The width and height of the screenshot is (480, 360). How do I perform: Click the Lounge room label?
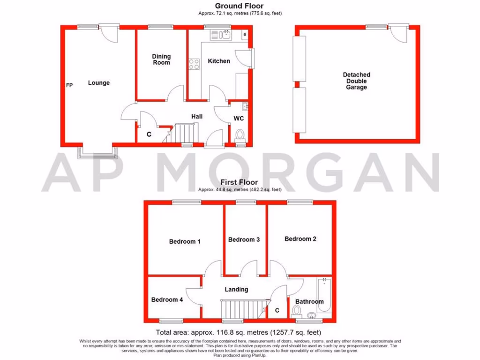pyautogui.click(x=98, y=83)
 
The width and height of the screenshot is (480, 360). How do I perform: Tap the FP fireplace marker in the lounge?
pyautogui.click(x=69, y=85)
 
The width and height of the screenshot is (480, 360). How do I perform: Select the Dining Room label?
pyautogui.click(x=161, y=60)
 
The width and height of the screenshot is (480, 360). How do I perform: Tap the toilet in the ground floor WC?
pyautogui.click(x=240, y=135)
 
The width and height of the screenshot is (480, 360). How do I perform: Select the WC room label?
pyautogui.click(x=239, y=119)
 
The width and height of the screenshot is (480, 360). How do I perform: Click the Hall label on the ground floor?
pyautogui.click(x=197, y=116)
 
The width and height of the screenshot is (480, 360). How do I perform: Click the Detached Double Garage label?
pyautogui.click(x=356, y=81)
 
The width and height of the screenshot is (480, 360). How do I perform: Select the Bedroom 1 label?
pyautogui.click(x=185, y=242)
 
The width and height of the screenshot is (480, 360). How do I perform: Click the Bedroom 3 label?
pyautogui.click(x=244, y=240)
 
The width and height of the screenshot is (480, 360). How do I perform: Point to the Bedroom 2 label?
pyautogui.click(x=300, y=239)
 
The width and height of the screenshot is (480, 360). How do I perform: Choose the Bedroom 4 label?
pyautogui.click(x=167, y=300)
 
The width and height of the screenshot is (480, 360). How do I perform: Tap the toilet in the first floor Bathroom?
pyautogui.click(x=296, y=310)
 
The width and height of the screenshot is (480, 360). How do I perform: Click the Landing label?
pyautogui.click(x=236, y=290)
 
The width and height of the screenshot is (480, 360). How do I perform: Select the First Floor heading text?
pyautogui.click(x=240, y=182)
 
